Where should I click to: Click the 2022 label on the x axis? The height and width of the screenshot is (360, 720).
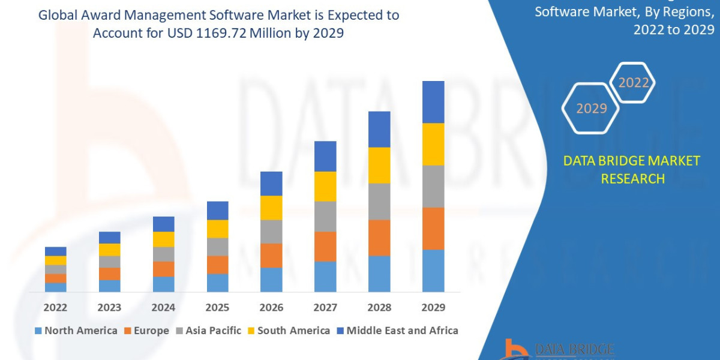click(55, 308)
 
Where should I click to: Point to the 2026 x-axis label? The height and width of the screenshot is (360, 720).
click(271, 308)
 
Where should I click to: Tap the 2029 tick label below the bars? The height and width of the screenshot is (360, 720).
click(433, 308)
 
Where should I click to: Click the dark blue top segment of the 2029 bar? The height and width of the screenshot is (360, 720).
click(433, 102)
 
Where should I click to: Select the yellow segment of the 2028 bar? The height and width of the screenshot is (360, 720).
click(379, 165)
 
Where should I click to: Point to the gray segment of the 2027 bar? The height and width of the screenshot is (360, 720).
click(325, 216)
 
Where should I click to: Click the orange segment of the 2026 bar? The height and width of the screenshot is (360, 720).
click(271, 256)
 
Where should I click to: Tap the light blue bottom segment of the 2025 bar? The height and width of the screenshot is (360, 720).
click(217, 283)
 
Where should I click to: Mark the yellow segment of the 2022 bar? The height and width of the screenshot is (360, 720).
click(55, 260)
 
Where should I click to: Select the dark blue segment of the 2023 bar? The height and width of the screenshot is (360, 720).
click(109, 238)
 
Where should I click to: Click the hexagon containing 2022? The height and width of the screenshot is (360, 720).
click(632, 83)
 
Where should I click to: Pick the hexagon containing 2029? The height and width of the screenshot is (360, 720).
click(590, 109)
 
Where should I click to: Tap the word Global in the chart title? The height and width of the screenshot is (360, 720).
click(58, 15)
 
